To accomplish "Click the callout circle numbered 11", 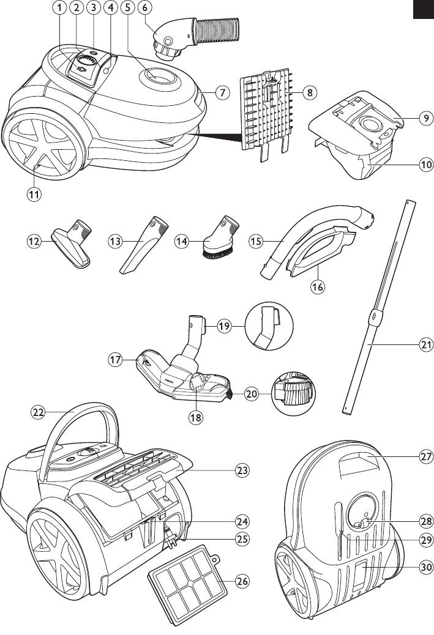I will [34, 195].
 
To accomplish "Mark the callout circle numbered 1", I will [59, 8].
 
